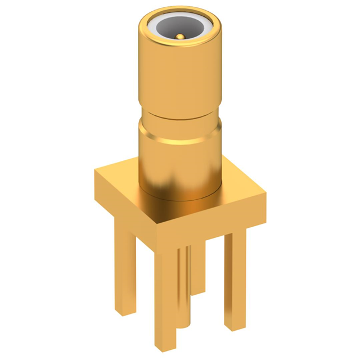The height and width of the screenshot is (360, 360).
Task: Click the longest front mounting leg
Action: (x=166, y=292)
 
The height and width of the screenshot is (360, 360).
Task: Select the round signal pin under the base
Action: (x=184, y=281)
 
